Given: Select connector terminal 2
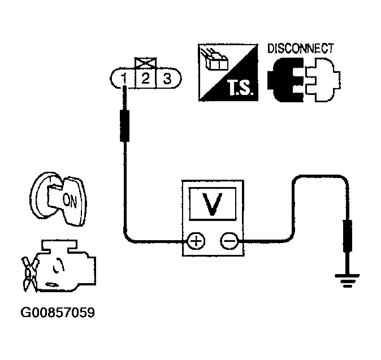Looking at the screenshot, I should click(145, 79).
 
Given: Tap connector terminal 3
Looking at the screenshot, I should click(167, 79).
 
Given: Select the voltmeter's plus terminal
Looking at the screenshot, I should click(196, 242).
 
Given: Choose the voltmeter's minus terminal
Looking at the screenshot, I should click(228, 242).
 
